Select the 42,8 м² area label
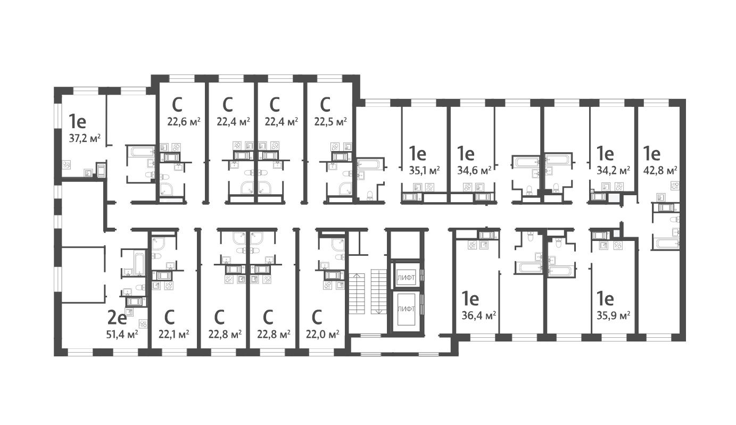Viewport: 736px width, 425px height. click(660, 170)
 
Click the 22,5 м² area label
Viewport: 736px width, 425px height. click(330, 121)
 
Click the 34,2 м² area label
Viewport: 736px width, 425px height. click(614, 170)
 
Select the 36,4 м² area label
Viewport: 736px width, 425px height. click(479, 314)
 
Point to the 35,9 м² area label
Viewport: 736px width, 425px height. click(614, 314)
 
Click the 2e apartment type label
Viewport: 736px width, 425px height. click(117, 318)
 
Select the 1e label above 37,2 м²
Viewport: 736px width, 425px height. click(77, 122)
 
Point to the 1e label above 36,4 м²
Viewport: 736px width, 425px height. click(471, 297)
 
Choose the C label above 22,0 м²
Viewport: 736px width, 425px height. click(317, 318)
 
